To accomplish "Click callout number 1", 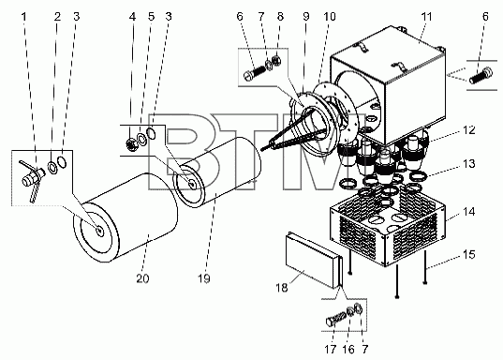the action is (23, 16).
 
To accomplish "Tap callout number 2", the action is (57, 16).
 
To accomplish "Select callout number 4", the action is (132, 16).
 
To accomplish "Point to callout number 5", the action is (151, 16).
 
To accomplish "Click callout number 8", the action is (280, 16).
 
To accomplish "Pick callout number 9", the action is (306, 16).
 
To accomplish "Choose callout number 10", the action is (330, 16).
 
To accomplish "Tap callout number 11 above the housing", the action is (426, 16).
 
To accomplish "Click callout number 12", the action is (468, 130).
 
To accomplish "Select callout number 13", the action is (468, 164).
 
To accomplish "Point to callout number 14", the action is (468, 212).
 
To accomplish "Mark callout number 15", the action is (468, 255).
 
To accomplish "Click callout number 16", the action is (348, 349).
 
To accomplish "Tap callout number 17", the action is (331, 349).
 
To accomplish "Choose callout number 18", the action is (282, 288).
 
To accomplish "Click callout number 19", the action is (203, 278).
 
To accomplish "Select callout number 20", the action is (142, 278).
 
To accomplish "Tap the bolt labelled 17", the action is (336, 318).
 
